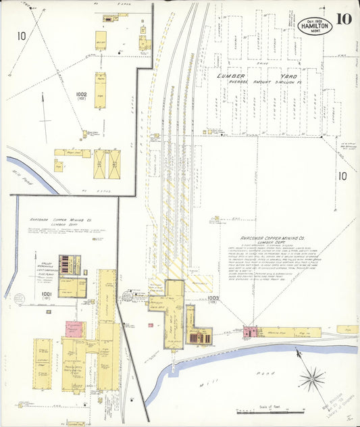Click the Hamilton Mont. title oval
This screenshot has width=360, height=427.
[x=315, y=26]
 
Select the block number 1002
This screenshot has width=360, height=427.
[x=82, y=95]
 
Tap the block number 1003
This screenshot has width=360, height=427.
[x=214, y=297]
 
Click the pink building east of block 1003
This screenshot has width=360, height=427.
[x=251, y=332]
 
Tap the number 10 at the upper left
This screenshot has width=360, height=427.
[x=22, y=36]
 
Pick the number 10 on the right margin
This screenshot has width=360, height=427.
[x=342, y=176]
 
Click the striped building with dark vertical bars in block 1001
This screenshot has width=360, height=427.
[x=70, y=264]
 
